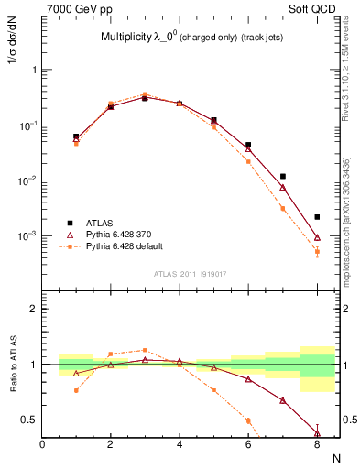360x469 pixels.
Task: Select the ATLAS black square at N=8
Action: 317,217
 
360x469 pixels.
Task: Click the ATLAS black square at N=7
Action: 283,176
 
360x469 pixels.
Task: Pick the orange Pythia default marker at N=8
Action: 317,251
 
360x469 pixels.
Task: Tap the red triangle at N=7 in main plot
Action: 283,187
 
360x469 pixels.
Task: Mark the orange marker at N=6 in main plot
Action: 248,161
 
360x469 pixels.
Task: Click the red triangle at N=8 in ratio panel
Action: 317,432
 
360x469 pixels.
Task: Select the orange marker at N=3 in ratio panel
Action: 145,350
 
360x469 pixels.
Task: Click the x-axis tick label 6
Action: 248,444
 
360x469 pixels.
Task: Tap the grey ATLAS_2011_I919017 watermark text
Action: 189,273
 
